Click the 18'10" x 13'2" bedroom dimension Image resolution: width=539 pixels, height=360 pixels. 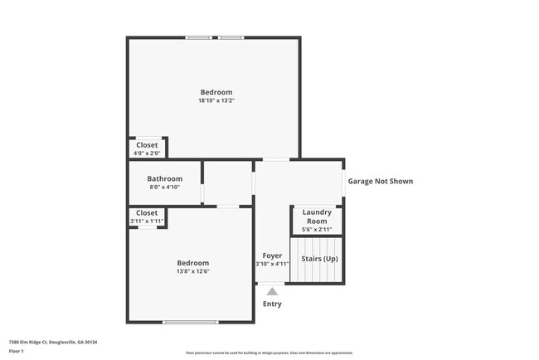[216, 101]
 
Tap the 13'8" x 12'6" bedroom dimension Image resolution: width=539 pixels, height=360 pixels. [192, 271]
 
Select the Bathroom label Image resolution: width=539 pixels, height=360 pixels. [164, 178]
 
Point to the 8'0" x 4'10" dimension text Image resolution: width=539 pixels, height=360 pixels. [164, 187]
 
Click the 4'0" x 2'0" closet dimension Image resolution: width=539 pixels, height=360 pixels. [147, 153]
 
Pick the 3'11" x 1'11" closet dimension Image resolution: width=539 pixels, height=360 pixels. [147, 221]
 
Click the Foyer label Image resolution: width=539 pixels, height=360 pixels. [272, 255]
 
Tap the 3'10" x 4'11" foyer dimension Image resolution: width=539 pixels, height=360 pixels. [272, 264]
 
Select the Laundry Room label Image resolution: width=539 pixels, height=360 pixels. [317, 216]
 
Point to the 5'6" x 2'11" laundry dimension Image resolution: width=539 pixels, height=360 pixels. [317, 230]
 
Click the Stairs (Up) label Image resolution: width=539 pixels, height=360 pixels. [318, 259]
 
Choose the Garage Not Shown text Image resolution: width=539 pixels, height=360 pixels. [380, 181]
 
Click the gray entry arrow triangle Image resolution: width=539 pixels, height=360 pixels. [272, 291]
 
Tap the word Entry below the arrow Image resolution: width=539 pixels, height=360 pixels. [272, 304]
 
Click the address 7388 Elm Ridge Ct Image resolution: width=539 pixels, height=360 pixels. [53, 342]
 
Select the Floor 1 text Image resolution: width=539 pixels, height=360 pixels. [17, 351]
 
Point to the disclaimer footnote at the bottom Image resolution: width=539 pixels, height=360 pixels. [269, 353]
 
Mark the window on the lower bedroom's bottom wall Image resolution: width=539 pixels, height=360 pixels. [191, 322]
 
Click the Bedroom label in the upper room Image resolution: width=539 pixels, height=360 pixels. [216, 92]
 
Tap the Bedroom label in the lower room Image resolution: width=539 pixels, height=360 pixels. [192, 263]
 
